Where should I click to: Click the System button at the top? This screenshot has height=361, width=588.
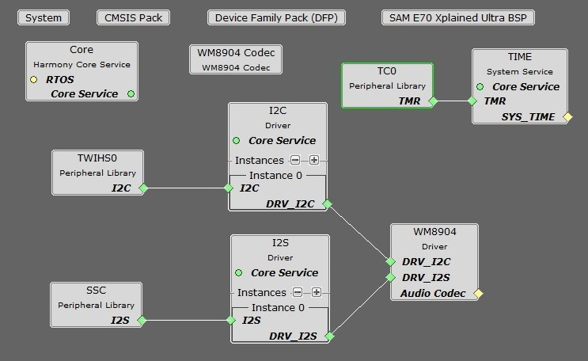(44, 17)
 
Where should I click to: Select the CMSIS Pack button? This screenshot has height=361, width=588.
(133, 17)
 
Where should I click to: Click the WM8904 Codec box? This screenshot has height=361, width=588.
(236, 59)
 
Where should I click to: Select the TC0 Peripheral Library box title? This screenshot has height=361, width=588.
(387, 71)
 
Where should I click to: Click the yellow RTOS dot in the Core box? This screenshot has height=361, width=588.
(34, 79)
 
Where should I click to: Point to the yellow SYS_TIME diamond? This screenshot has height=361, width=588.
(567, 117)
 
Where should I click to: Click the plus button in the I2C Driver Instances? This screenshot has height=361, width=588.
(314, 160)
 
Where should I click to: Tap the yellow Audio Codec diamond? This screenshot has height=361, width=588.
(478, 294)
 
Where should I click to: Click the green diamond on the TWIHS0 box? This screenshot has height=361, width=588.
(143, 188)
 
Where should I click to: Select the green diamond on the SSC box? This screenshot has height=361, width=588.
(142, 321)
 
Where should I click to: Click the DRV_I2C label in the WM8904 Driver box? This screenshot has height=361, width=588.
(426, 261)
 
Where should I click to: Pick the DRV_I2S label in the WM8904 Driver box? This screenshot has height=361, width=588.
(426, 277)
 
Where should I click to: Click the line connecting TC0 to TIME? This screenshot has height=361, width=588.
(452, 101)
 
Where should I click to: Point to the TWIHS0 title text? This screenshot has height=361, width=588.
(98, 158)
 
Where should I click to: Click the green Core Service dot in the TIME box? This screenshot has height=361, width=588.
(480, 87)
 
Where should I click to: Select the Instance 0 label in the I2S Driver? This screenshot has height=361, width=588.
(277, 307)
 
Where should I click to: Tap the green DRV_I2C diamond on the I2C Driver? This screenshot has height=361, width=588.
(327, 204)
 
